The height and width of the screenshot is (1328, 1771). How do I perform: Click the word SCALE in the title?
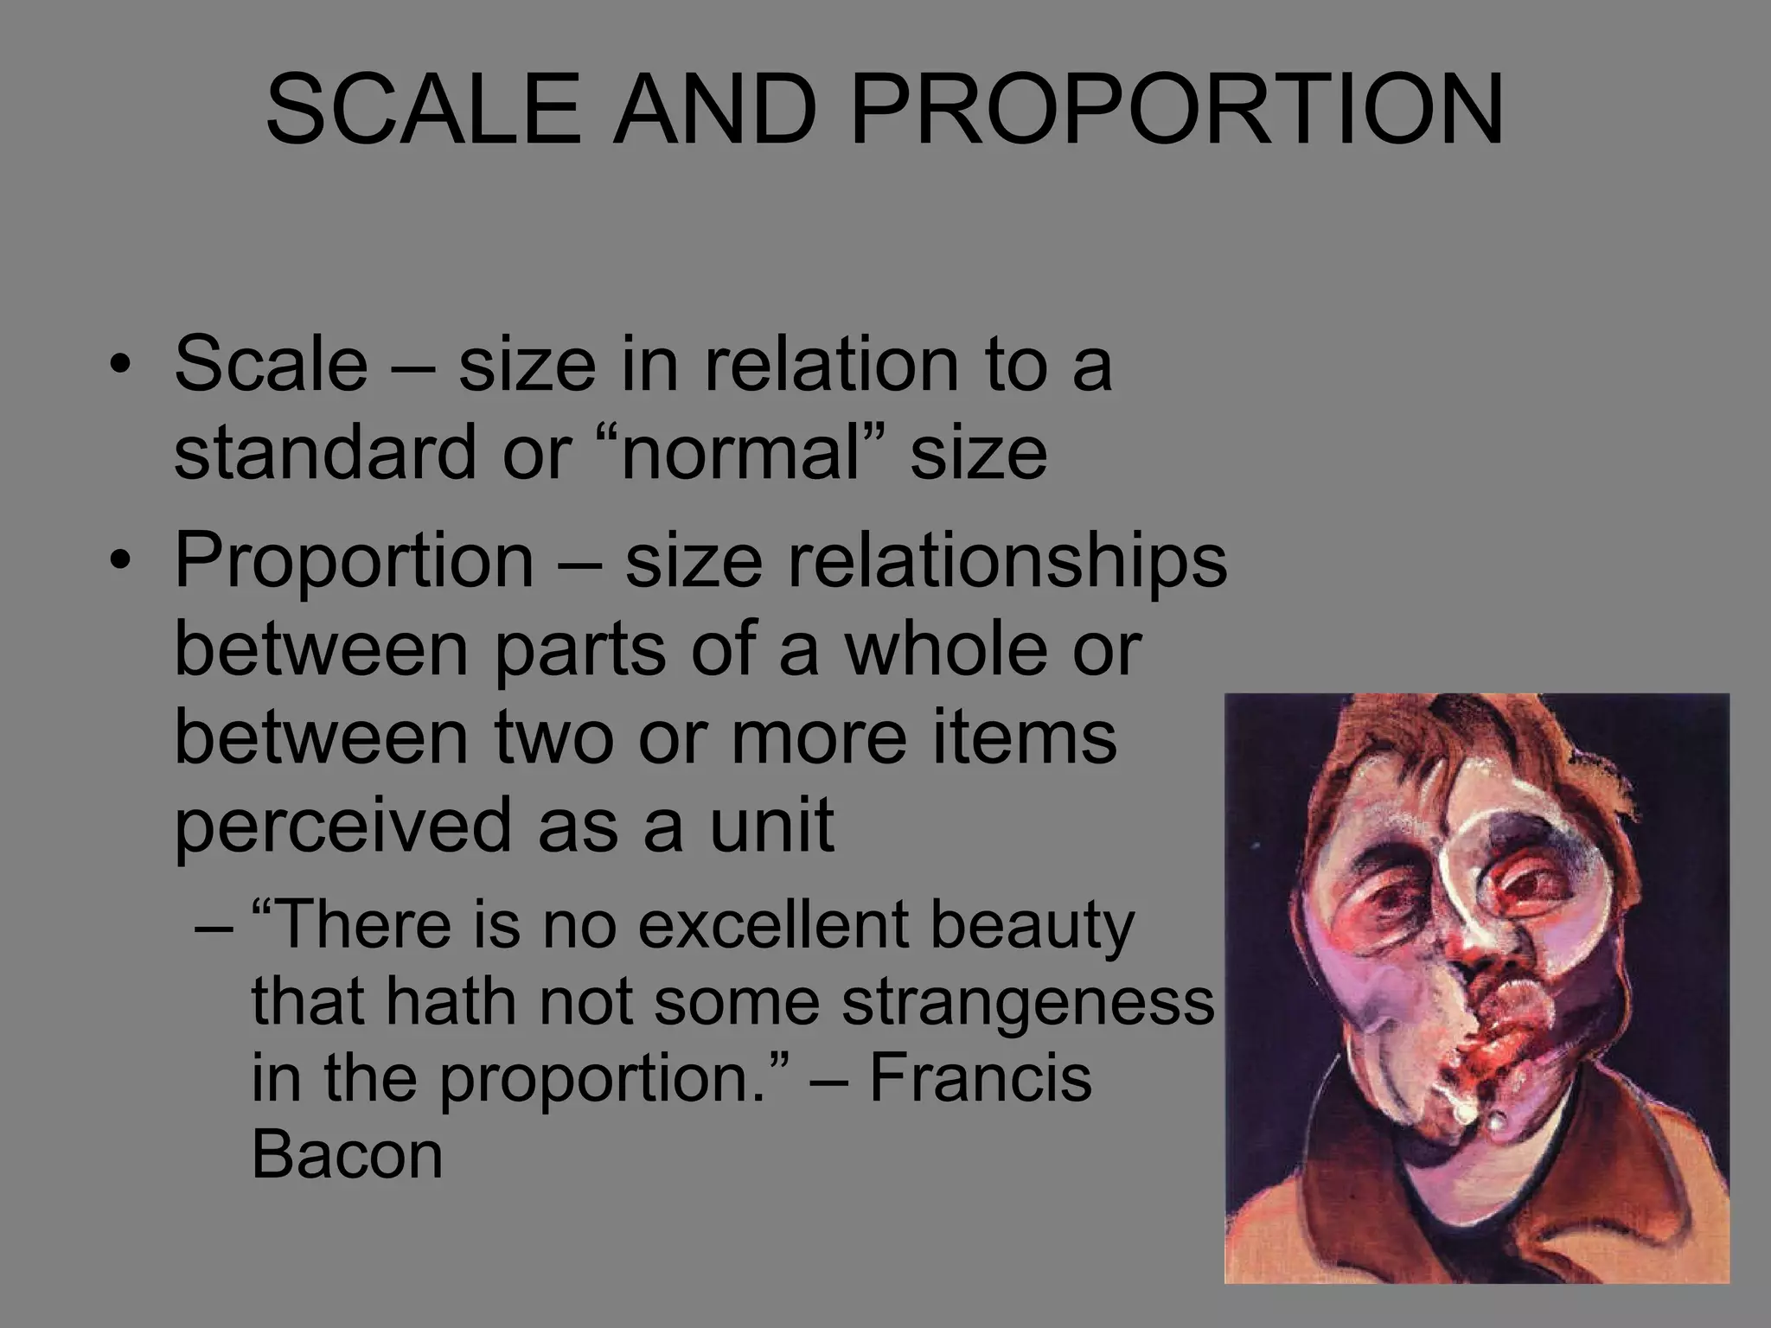coord(423,110)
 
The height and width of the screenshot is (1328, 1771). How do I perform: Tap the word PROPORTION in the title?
coord(1177,110)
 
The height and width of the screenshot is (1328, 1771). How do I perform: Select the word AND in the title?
coord(714,110)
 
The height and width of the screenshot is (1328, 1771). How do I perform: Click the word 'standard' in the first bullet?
coord(325,452)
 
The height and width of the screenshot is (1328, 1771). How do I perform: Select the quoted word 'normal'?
coord(741,452)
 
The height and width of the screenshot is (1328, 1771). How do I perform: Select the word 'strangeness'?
coord(1028,1001)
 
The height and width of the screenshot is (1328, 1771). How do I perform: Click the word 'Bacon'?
coord(347,1155)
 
